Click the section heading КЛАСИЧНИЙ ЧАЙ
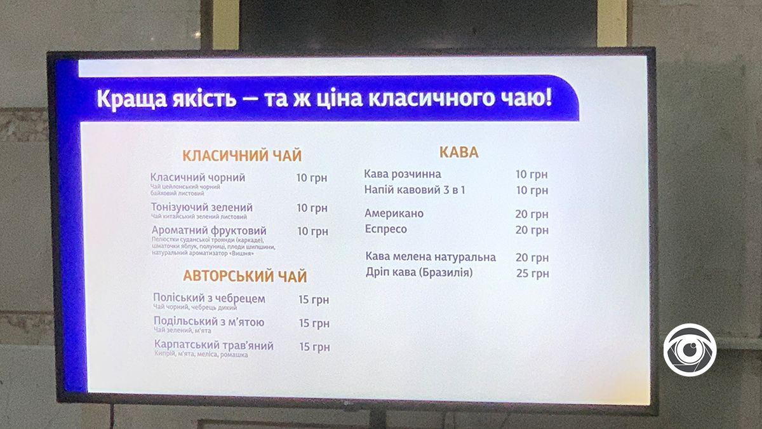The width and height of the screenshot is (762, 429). tap(242, 156)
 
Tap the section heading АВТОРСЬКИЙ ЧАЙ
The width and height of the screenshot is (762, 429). tap(245, 276)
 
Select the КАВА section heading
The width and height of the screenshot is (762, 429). tap(458, 153)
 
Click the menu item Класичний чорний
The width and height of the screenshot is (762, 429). tap(198, 178)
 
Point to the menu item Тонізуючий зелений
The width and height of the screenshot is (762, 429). tap(202, 207)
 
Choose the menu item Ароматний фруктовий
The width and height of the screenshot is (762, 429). tap(209, 231)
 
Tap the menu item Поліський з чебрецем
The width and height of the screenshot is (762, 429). tap(209, 298)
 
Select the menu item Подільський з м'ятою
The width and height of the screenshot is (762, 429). tap(209, 322)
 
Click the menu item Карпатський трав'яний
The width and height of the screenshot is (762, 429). tap(214, 346)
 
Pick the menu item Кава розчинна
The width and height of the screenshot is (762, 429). tap(403, 174)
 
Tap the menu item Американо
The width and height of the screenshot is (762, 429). tap(394, 214)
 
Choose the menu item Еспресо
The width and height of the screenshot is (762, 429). tap(386, 229)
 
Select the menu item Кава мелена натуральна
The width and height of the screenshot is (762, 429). tap(431, 257)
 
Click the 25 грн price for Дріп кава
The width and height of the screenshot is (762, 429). tap(532, 274)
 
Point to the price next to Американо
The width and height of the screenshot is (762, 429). tap(531, 215)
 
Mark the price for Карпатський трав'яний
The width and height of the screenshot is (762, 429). tap(314, 347)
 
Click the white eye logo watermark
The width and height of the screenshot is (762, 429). tap(690, 350)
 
